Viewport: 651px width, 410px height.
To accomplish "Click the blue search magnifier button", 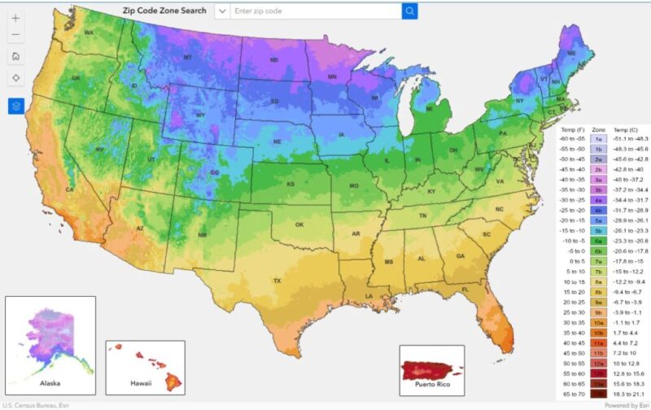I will pyautogui.click(x=409, y=11).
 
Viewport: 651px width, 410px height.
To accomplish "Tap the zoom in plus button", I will pyautogui.click(x=15, y=18).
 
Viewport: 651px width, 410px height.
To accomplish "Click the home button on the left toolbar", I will pyautogui.click(x=15, y=56).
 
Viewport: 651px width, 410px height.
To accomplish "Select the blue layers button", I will pyautogui.click(x=15, y=106).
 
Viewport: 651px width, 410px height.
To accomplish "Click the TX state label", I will pyautogui.click(x=277, y=281).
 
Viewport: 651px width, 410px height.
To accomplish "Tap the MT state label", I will pyautogui.click(x=187, y=58).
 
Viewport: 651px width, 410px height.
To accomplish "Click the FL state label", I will pyautogui.click(x=465, y=290).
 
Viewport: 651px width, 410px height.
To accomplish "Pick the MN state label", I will pyautogui.click(x=332, y=77).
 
